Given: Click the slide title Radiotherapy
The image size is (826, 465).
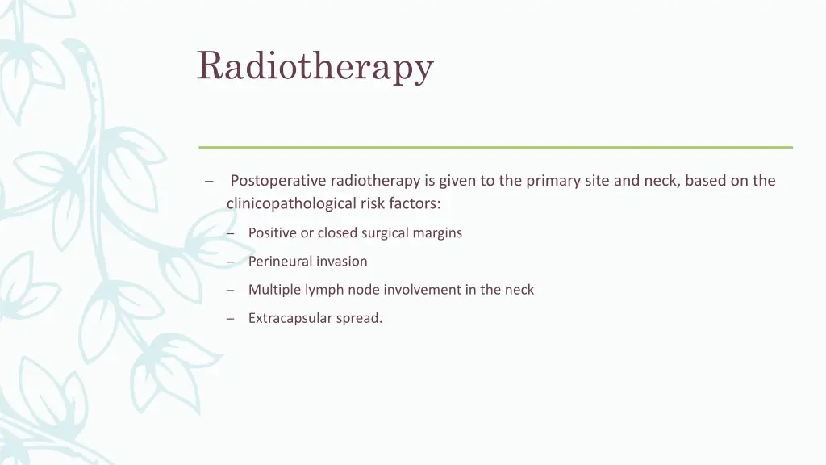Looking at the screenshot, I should pyautogui.click(x=315, y=66).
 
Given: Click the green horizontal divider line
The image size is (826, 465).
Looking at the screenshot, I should pyautogui.click(x=495, y=147).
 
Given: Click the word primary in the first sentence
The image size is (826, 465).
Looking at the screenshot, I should pyautogui.click(x=553, y=181).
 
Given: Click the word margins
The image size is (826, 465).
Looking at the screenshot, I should pyautogui.click(x=436, y=233).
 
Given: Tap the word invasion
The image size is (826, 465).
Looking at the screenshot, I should pyautogui.click(x=342, y=262).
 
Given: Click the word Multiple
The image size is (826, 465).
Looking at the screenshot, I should pyautogui.click(x=273, y=290).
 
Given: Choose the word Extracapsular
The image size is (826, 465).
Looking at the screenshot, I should pyautogui.click(x=290, y=319).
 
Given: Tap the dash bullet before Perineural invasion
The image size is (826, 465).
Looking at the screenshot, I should pyautogui.click(x=230, y=262).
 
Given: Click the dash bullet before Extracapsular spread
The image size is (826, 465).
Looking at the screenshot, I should pyautogui.click(x=230, y=319).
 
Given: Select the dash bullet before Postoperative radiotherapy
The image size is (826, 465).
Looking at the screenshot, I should pyautogui.click(x=208, y=182).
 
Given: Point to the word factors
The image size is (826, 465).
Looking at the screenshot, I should pyautogui.click(x=416, y=203).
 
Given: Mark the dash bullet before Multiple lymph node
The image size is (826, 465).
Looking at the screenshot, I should pyautogui.click(x=230, y=290).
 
